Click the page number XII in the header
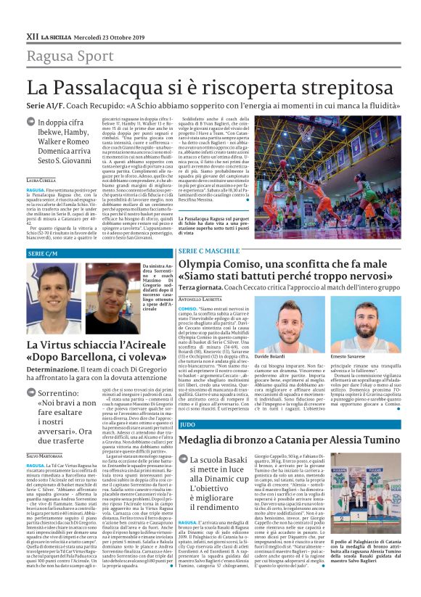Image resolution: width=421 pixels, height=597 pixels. point(32,35)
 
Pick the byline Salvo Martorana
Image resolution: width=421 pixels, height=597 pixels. point(45,456)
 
